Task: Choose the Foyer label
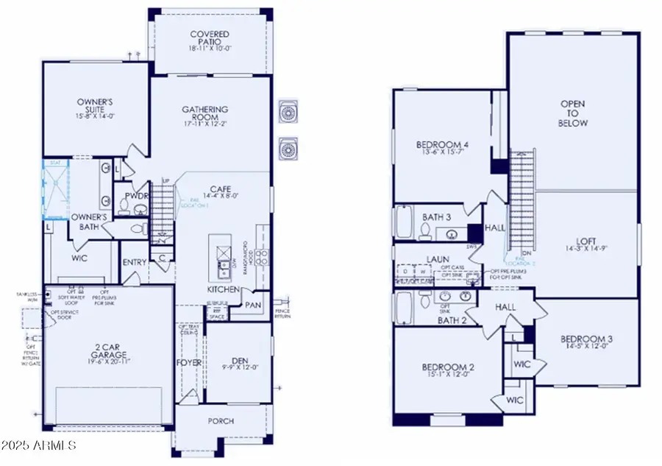190,363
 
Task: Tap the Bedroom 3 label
586,339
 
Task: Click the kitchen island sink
221,254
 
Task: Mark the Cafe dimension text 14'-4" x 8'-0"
222,197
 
